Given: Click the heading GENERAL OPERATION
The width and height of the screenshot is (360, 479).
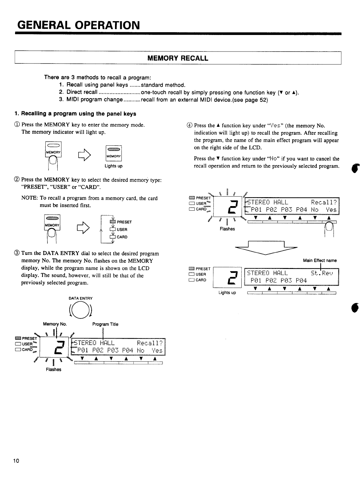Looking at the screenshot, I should pos(78,24).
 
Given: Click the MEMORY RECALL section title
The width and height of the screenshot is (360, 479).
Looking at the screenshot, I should pos(178,58).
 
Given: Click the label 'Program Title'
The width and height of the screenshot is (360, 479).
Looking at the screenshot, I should pos(105,324).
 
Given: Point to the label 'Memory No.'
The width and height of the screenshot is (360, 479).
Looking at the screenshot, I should pos(55,324).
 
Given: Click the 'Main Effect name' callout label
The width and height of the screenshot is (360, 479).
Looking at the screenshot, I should pos(320,260).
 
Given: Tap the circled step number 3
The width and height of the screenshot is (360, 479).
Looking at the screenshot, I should pos(17,254).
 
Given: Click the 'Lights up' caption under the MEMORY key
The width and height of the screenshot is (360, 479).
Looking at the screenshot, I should pos(113,166).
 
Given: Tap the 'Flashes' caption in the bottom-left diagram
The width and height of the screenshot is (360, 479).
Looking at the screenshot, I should pos(53,370).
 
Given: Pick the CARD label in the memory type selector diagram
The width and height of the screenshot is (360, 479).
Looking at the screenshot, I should pos(122,237).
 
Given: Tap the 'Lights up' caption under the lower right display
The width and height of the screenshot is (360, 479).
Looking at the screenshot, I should pos(227,293).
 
